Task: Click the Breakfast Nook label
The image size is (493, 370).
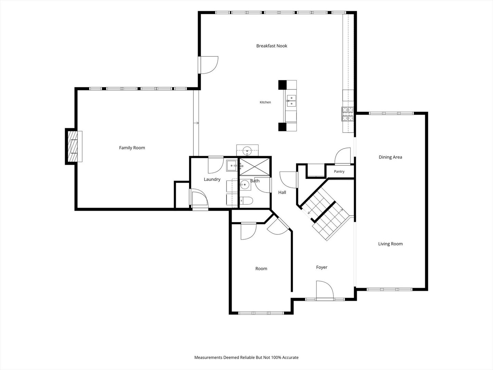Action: click(x=272, y=46)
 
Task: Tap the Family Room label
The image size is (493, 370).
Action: click(x=132, y=148)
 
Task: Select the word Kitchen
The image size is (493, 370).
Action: click(x=265, y=102)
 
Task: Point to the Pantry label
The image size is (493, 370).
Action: click(x=339, y=171)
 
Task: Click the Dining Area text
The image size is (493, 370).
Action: click(x=390, y=157)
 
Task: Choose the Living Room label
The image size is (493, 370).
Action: click(x=390, y=244)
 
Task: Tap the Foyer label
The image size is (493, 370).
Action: click(x=321, y=267)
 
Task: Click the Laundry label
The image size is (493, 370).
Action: click(x=212, y=180)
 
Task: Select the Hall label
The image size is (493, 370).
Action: click(x=282, y=192)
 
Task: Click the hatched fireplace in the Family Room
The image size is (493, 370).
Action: click(x=73, y=146)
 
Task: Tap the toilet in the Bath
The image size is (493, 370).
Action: click(x=246, y=200)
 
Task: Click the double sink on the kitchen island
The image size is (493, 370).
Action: click(x=291, y=101)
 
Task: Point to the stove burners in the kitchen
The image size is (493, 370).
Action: click(x=347, y=114)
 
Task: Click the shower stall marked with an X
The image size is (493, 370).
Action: click(x=254, y=166)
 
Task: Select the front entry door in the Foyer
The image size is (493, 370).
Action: click(x=325, y=290)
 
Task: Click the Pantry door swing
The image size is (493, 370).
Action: click(x=342, y=156)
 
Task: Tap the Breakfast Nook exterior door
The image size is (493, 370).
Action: click(x=208, y=65)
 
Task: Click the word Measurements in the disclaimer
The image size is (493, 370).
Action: click(x=208, y=357)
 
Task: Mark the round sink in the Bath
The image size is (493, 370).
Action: click(x=244, y=185)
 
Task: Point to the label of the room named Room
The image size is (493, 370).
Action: click(x=261, y=269)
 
